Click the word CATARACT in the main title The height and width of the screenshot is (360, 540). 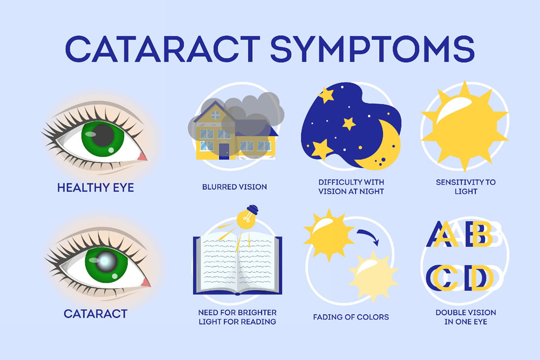[163, 49]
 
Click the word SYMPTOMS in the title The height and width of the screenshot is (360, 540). [373, 49]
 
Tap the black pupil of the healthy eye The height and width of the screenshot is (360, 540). [103, 135]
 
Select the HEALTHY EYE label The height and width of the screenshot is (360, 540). [96, 188]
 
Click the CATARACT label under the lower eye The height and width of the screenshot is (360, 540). [96, 314]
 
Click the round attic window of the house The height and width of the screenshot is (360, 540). [215, 115]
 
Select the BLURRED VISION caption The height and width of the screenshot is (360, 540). [234, 187]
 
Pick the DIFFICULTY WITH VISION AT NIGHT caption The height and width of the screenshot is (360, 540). [351, 187]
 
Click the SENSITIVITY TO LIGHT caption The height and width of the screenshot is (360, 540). [465, 187]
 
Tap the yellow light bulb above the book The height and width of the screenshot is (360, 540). [247, 217]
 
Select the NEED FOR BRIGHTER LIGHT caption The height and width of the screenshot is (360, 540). [237, 317]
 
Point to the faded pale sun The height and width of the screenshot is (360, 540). [373, 276]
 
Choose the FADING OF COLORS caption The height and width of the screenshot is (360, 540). [351, 317]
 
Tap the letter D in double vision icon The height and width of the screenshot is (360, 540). [479, 278]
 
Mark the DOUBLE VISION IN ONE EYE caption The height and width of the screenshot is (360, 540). [465, 317]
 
